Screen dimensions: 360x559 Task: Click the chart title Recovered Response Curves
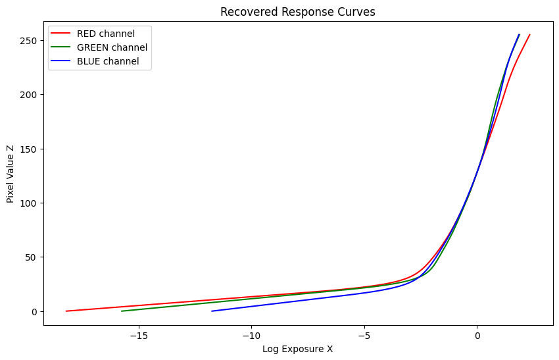click(x=297, y=12)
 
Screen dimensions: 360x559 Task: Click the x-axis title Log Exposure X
click(x=297, y=349)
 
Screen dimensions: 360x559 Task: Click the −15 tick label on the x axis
click(x=139, y=336)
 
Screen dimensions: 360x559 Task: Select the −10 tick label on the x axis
click(x=251, y=336)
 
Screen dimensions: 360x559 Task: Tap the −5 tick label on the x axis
click(x=364, y=336)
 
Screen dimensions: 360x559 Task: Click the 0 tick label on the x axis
click(x=477, y=336)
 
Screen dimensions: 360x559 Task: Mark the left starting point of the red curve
click(x=66, y=311)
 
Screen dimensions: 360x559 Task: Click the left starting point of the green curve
click(x=122, y=311)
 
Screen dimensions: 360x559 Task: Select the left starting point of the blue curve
click(x=212, y=311)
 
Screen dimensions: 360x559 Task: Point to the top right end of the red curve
click(x=529, y=35)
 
